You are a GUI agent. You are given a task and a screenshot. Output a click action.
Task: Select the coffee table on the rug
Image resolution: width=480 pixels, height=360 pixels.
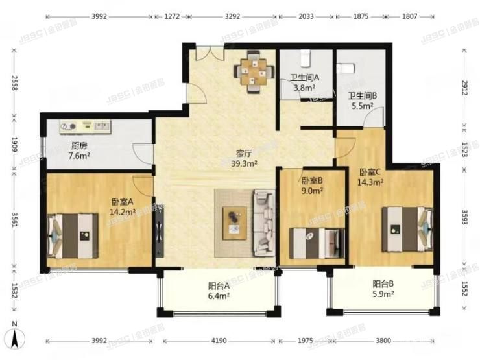click(234, 219)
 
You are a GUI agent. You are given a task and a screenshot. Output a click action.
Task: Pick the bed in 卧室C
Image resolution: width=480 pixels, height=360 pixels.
click(407, 227)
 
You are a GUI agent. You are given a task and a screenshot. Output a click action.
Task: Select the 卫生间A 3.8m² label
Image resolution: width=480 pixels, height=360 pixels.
click(303, 84)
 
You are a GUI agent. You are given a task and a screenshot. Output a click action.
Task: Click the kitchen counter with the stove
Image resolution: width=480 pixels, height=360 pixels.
click(87, 125)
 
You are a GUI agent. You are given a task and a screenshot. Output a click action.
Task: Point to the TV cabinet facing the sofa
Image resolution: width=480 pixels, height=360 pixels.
click(160, 226)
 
